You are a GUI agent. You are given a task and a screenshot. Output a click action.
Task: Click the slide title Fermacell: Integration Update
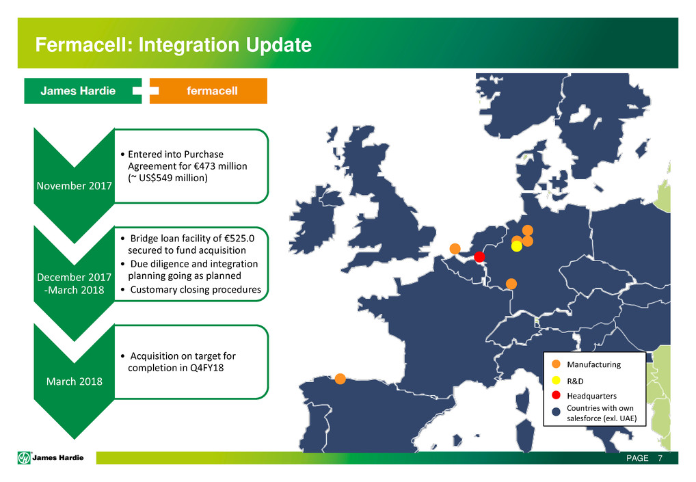[x=173, y=45]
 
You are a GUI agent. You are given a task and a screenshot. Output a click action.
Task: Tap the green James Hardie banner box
[x=83, y=91]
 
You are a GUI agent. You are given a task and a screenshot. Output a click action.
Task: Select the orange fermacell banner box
[x=209, y=91]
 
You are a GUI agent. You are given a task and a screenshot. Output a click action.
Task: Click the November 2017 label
[x=74, y=185]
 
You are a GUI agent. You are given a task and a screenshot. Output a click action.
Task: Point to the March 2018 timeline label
[x=74, y=381]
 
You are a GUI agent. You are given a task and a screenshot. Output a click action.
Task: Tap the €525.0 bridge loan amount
[x=239, y=239]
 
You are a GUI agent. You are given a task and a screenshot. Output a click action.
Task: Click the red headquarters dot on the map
[x=479, y=256]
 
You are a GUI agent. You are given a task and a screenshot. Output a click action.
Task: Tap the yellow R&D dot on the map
[x=517, y=246]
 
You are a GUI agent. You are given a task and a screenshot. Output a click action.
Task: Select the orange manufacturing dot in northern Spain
[x=340, y=379]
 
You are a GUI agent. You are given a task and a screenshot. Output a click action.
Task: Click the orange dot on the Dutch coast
[x=455, y=249]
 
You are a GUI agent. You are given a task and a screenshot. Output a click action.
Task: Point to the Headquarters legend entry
[x=584, y=395]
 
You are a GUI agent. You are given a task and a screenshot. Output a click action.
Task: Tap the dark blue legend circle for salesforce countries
[x=556, y=412]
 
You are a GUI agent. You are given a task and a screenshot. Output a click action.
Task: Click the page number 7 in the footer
[x=660, y=458]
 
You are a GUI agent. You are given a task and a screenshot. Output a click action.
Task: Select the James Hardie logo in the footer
[x=51, y=457]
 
